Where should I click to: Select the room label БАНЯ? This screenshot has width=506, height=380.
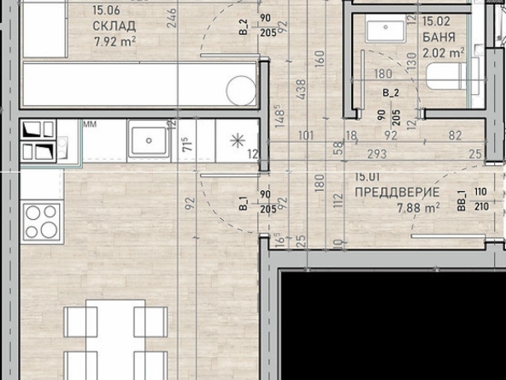pos(438,38)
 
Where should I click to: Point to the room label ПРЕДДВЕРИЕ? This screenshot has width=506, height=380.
pos(397,193)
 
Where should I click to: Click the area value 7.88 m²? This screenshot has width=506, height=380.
pos(419,207)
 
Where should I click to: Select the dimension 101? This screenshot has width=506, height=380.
pos(307,135)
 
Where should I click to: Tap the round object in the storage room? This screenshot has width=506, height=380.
pos(240,88)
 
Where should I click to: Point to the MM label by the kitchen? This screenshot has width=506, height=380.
pos(90,125)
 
